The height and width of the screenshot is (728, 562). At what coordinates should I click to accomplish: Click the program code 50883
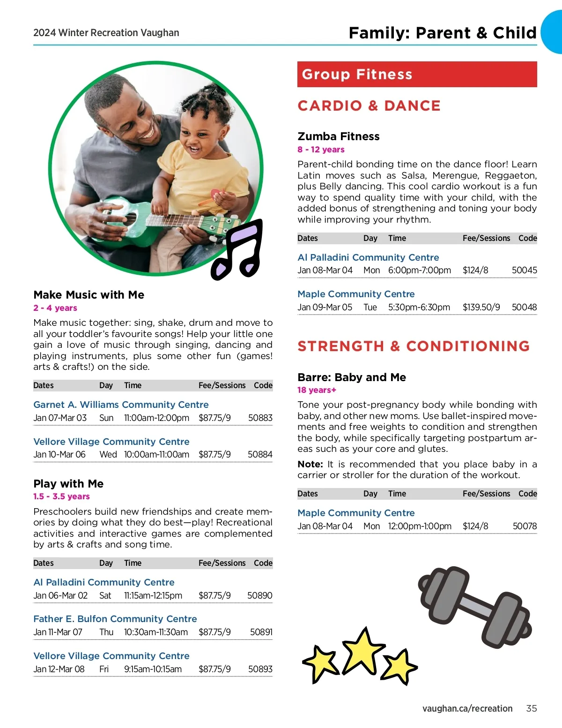[x=260, y=418]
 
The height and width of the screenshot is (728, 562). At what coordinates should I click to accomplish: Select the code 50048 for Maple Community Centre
[x=524, y=308]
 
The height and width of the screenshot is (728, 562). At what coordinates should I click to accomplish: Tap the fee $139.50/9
[x=481, y=308]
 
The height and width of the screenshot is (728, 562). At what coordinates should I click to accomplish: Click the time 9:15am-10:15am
[x=153, y=669]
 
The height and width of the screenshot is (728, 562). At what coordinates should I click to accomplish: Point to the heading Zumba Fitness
[x=338, y=136]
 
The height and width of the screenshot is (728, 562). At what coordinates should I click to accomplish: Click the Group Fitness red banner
[x=417, y=74]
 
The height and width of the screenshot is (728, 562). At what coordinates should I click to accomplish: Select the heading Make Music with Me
[x=89, y=295]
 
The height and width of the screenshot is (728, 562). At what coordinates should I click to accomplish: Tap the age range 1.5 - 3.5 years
[x=61, y=496]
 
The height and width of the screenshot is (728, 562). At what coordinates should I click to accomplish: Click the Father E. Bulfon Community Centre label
[x=115, y=619]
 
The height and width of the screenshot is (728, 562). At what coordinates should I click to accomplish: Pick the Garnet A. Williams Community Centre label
[x=121, y=405]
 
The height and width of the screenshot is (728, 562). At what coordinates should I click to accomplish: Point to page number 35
[x=531, y=708]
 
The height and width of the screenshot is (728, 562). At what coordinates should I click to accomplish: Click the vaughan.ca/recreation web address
[x=467, y=708]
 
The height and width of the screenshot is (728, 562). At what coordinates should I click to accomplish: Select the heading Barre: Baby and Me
[x=351, y=377]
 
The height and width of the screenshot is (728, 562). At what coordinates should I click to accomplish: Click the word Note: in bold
[x=310, y=464]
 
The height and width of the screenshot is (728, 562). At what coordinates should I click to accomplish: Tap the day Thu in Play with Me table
[x=106, y=632]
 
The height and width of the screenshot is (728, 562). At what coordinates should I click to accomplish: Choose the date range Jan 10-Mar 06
[x=59, y=455]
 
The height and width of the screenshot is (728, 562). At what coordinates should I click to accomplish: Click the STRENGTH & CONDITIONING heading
[x=414, y=346]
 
